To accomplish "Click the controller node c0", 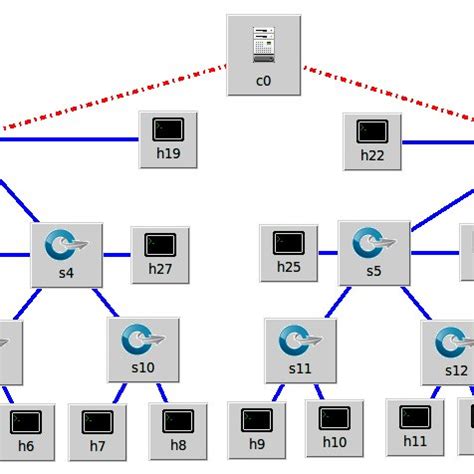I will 263,54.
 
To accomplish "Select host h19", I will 167,137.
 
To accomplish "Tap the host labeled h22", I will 372,138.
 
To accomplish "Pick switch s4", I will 67,253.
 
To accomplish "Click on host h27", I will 160,252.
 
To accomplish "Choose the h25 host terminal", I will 289,251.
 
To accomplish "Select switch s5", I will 373,251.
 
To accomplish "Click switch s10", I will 143,349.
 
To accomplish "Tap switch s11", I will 300,350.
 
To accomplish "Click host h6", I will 26,430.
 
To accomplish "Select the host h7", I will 97,430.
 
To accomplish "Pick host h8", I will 178,430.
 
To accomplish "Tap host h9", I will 257,430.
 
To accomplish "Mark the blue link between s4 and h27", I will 117,254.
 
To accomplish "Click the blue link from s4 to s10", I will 104,301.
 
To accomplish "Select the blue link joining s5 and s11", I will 338,301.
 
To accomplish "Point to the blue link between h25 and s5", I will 329,254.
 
